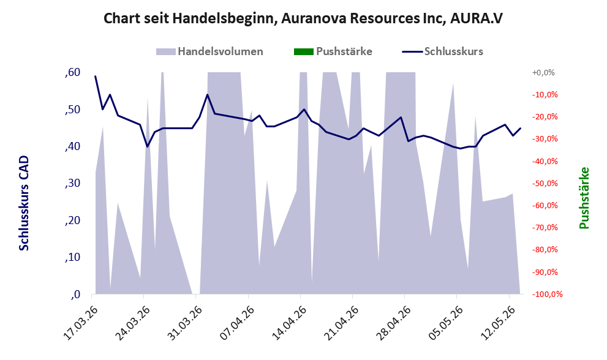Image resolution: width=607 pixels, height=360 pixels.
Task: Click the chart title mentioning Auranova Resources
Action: [x=303, y=18]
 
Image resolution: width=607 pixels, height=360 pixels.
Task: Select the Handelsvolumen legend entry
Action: [x=209, y=51]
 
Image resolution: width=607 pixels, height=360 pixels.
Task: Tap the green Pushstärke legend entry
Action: [x=333, y=51]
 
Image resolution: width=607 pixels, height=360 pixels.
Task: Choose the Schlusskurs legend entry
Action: [x=442, y=51]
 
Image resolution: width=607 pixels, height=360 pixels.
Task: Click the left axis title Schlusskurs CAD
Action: [x=24, y=203]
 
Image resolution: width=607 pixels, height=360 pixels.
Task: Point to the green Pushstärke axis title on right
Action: [x=584, y=198]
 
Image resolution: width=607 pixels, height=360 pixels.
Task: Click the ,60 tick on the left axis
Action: [x=73, y=72]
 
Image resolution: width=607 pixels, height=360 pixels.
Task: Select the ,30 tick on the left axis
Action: [x=73, y=183]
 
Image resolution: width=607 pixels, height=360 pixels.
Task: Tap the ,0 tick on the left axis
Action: [x=75, y=294]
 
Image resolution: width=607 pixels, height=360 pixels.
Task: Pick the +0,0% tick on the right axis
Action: [x=543, y=73]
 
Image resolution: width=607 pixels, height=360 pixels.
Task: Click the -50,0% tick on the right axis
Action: [x=545, y=184]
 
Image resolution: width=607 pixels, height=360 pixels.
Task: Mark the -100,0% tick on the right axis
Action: [x=548, y=294]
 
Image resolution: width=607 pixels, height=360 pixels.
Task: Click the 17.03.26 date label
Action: [x=80, y=323]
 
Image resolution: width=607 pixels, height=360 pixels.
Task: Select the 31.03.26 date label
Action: [x=185, y=323]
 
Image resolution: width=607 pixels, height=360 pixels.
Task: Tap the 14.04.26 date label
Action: [x=289, y=323]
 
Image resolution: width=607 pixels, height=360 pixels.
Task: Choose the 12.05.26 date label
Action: [x=498, y=323]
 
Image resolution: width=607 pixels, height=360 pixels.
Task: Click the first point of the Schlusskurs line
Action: [x=96, y=77]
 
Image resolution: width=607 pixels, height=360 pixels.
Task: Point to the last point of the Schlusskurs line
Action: [x=520, y=128]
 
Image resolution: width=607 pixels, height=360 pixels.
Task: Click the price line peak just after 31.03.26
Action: [x=208, y=94]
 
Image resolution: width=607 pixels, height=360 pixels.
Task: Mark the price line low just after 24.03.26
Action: [x=148, y=147]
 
